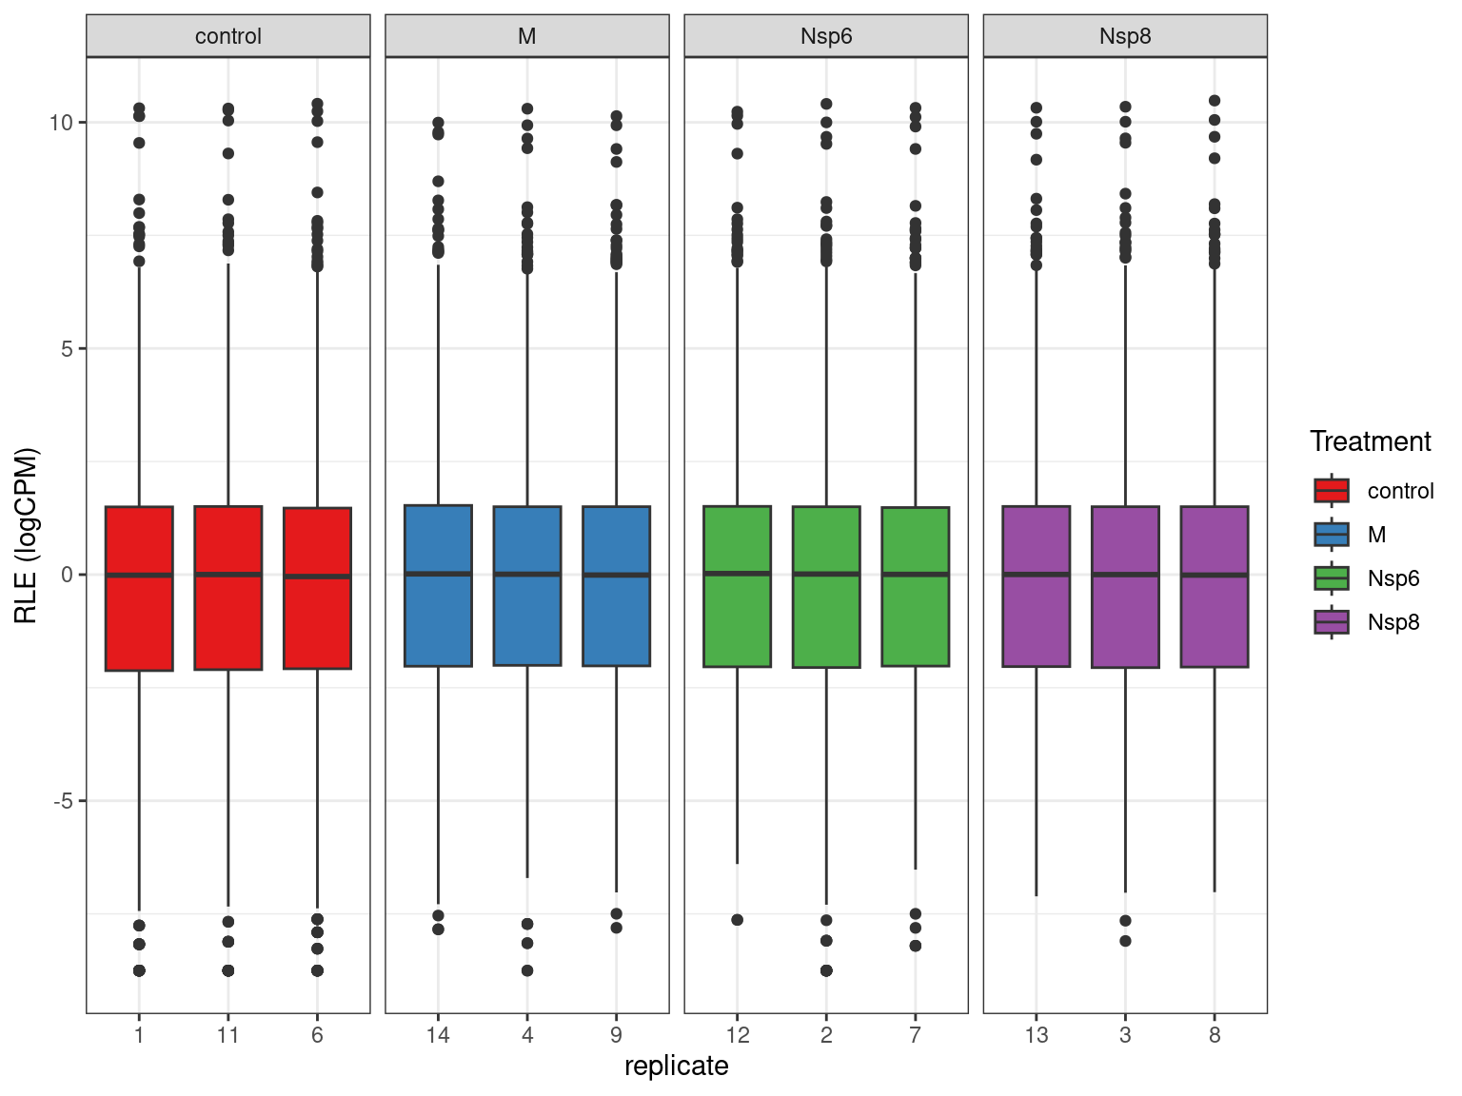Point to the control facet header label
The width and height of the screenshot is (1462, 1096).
pos(228,36)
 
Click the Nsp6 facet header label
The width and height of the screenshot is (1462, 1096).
pos(826,36)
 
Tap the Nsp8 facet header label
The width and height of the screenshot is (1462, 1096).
pos(1125,36)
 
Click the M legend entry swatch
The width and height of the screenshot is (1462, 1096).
pos(1331,535)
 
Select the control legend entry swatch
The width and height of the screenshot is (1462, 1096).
pos(1331,491)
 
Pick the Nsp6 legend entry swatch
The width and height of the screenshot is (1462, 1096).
pos(1331,578)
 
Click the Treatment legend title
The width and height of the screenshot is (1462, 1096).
pos(1370,441)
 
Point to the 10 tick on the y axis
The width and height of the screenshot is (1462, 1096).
pos(62,123)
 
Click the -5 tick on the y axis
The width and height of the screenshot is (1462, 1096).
pos(63,801)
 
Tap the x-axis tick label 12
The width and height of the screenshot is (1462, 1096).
pos(737,1035)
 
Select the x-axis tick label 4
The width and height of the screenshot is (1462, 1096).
pos(527,1035)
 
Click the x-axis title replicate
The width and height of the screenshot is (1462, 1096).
pos(676,1067)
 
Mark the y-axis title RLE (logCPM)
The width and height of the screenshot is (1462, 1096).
pos(27,535)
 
